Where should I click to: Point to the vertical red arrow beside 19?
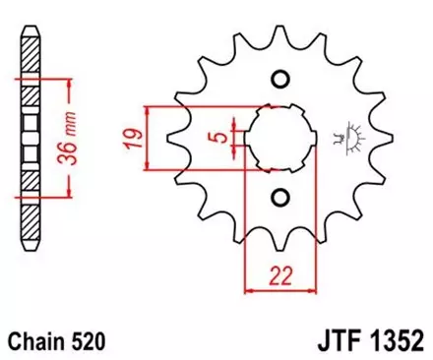[148, 135]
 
